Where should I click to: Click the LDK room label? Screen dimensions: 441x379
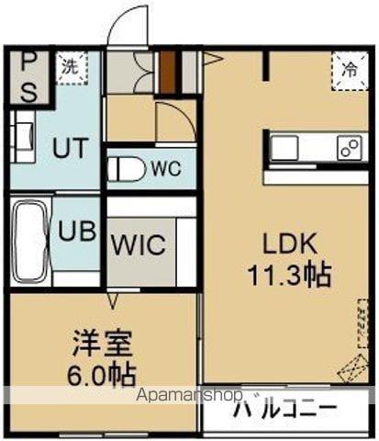(290, 244)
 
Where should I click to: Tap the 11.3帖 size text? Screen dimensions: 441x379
(290, 273)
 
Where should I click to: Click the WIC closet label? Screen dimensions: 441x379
(139, 245)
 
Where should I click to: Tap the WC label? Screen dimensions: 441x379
(166, 169)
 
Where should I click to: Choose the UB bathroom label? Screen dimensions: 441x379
(78, 230)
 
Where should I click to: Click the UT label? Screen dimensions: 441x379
(68, 147)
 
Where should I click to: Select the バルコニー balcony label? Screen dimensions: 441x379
(284, 410)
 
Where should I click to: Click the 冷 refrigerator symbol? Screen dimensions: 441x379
(350, 68)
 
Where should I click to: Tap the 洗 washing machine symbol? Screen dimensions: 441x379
(70, 66)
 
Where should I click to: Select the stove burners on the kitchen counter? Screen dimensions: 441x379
(349, 146)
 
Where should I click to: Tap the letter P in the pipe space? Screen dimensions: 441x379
(28, 63)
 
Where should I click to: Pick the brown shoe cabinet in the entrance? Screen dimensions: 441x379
(167, 70)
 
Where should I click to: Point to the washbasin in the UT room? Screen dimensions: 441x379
(21, 136)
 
